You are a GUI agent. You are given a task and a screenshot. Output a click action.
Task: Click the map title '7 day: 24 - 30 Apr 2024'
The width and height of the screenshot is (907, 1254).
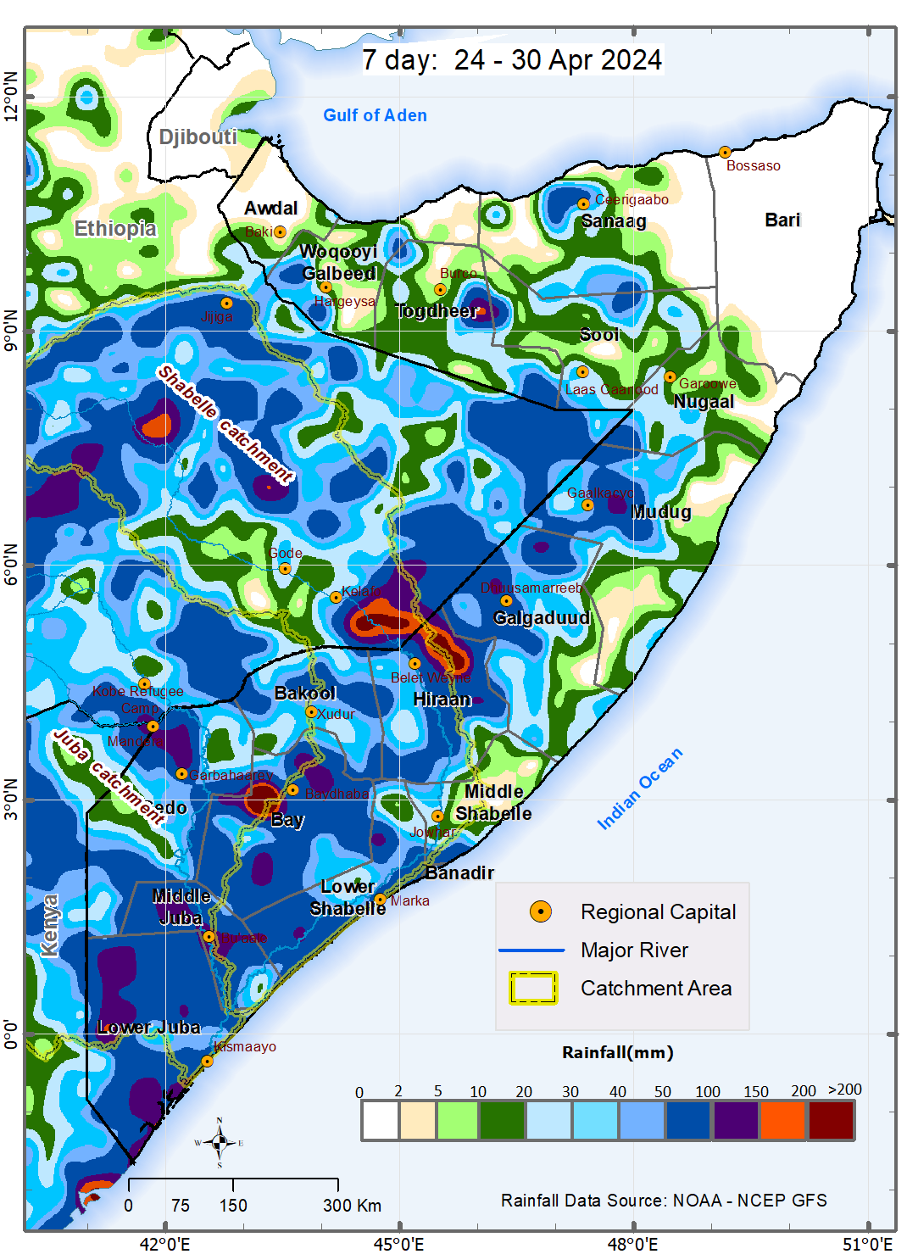[x=511, y=60]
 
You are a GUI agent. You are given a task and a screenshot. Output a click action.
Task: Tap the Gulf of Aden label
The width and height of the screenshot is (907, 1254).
[x=375, y=115]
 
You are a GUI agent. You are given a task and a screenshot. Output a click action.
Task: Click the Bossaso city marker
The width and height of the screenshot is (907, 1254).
[x=725, y=153]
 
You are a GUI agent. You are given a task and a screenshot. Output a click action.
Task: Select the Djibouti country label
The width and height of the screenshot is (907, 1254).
[x=198, y=137]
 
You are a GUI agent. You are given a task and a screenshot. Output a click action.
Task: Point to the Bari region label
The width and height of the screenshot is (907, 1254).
[x=782, y=220]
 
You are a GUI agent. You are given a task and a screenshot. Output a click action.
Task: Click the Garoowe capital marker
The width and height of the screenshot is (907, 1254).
[x=670, y=376]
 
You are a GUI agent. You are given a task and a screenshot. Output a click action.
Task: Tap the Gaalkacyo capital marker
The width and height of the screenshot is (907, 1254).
[x=587, y=505]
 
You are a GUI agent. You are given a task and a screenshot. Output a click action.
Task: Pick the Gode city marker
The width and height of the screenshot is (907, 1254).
[x=285, y=569]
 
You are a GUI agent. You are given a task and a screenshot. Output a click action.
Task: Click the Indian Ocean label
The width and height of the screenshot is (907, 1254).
[x=639, y=789]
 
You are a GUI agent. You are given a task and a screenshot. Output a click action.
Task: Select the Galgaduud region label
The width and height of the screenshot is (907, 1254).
[x=542, y=618]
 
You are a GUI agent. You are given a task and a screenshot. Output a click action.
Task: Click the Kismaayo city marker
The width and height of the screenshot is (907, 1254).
[x=207, y=1062]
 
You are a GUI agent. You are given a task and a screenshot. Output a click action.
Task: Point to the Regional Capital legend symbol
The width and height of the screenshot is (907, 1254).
[x=540, y=911]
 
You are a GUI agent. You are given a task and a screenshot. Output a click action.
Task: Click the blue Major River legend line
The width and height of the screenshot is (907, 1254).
[x=531, y=950]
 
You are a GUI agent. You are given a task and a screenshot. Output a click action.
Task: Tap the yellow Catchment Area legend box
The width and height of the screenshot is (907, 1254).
[x=532, y=988]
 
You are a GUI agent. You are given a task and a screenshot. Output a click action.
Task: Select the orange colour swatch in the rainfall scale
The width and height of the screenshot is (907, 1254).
[x=783, y=1121]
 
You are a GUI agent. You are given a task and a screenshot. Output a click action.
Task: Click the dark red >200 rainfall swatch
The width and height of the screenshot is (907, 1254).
[x=831, y=1121]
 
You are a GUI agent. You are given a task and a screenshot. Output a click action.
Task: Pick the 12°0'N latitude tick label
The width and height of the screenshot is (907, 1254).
[x=11, y=97]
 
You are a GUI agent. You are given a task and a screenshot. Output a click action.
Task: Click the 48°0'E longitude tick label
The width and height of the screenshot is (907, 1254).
[x=632, y=1244]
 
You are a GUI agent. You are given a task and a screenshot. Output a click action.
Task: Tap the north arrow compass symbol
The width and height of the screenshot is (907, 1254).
[x=220, y=1142]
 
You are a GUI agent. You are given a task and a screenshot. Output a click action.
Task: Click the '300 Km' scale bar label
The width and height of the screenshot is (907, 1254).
[x=352, y=1206]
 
